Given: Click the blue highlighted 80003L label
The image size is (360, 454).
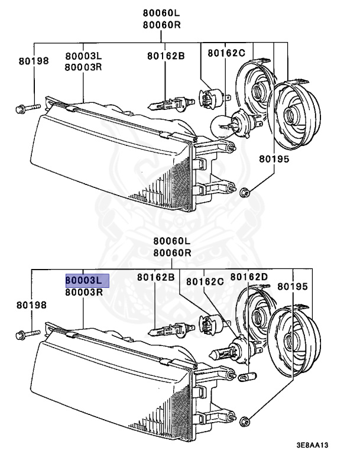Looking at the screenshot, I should point(87,280).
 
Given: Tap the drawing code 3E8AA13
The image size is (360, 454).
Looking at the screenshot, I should point(321,445).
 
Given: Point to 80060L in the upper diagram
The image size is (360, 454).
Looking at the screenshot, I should point(161,13).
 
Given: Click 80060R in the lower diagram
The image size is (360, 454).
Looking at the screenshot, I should point(172,252).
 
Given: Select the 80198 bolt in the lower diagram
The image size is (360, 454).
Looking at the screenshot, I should point(27,335).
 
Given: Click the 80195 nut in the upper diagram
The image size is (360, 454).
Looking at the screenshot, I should point(247,191).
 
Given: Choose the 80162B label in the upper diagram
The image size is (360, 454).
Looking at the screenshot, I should point(166,56).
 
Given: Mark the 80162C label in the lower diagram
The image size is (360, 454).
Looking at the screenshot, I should point(205,281).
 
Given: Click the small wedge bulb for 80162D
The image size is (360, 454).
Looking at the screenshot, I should point(243,375).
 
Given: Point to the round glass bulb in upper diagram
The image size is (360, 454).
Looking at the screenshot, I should point(222,125).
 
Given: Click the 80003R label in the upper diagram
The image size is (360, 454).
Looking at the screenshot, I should point(84,67).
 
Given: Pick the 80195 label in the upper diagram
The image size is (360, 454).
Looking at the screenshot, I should point(274,159).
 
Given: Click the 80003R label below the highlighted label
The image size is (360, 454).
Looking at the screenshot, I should point(85,292).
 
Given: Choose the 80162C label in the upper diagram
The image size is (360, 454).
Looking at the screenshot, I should point(226,53).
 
